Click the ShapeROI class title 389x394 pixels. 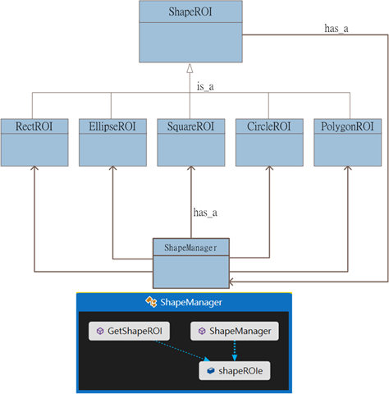190,12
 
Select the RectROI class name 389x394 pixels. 34,126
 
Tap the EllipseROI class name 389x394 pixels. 112,126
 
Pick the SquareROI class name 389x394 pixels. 190,126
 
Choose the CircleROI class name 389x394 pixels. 269,126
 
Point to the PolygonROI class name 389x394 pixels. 347,126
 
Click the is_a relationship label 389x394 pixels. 205,87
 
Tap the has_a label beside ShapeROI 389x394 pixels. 336,29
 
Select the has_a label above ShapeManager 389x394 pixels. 205,213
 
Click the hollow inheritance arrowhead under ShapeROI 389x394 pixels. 190,68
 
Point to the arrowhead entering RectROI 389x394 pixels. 34,167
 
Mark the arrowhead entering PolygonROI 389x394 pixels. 348,167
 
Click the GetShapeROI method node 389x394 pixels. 129,331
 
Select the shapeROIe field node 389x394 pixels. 235,371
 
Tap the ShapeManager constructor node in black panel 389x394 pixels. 235,331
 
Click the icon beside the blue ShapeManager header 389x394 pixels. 151,302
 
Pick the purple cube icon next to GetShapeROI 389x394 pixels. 100,331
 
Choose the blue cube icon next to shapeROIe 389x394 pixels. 211,371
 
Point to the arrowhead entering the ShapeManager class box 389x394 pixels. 231,282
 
